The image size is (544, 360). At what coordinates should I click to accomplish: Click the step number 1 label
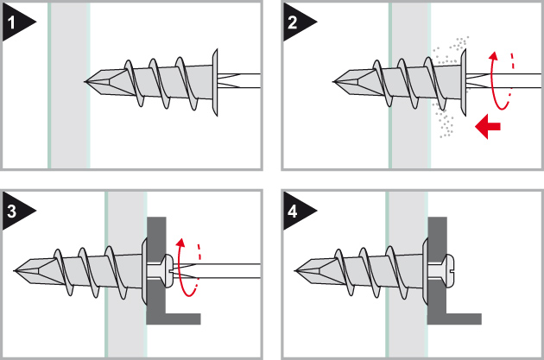[x=12, y=23]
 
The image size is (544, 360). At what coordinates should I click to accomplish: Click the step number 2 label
[x=293, y=23]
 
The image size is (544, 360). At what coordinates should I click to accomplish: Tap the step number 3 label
[x=12, y=212]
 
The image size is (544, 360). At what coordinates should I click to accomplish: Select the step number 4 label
[x=293, y=212]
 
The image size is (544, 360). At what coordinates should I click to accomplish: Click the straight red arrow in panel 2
[x=488, y=126]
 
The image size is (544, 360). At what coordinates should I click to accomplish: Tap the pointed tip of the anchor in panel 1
[x=85, y=82]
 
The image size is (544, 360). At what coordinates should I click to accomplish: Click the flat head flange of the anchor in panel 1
[x=215, y=82]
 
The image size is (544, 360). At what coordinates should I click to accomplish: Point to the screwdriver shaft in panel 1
[x=239, y=80]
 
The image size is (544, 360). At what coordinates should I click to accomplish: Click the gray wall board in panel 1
[x=69, y=85]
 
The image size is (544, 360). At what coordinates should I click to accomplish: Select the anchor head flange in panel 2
[x=463, y=82]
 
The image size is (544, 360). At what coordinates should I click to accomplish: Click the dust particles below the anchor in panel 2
[x=443, y=121]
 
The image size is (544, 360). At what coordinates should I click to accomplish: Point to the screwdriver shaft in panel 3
[x=225, y=271]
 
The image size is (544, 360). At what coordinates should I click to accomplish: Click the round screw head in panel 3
[x=168, y=271]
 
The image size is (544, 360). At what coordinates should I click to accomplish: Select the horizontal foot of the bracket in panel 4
[x=454, y=319]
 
